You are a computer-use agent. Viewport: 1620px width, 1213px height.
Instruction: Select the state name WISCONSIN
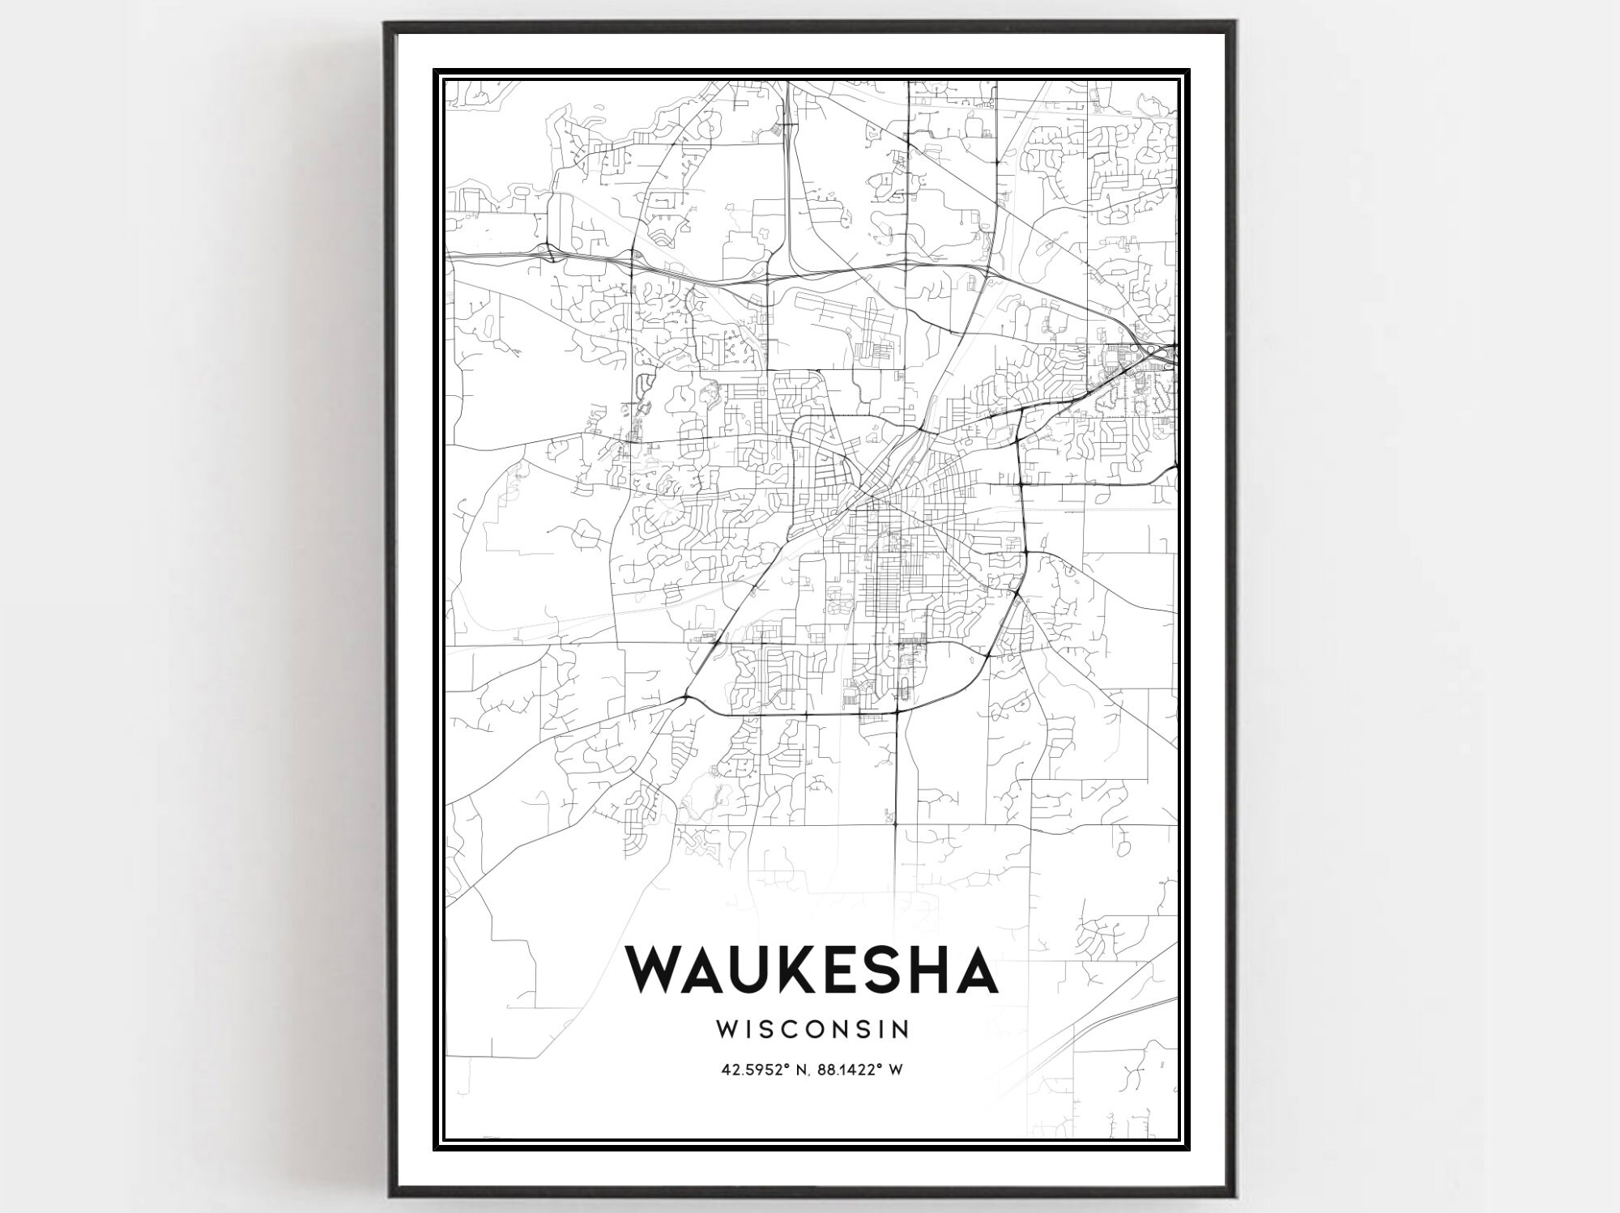coord(812,1029)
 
